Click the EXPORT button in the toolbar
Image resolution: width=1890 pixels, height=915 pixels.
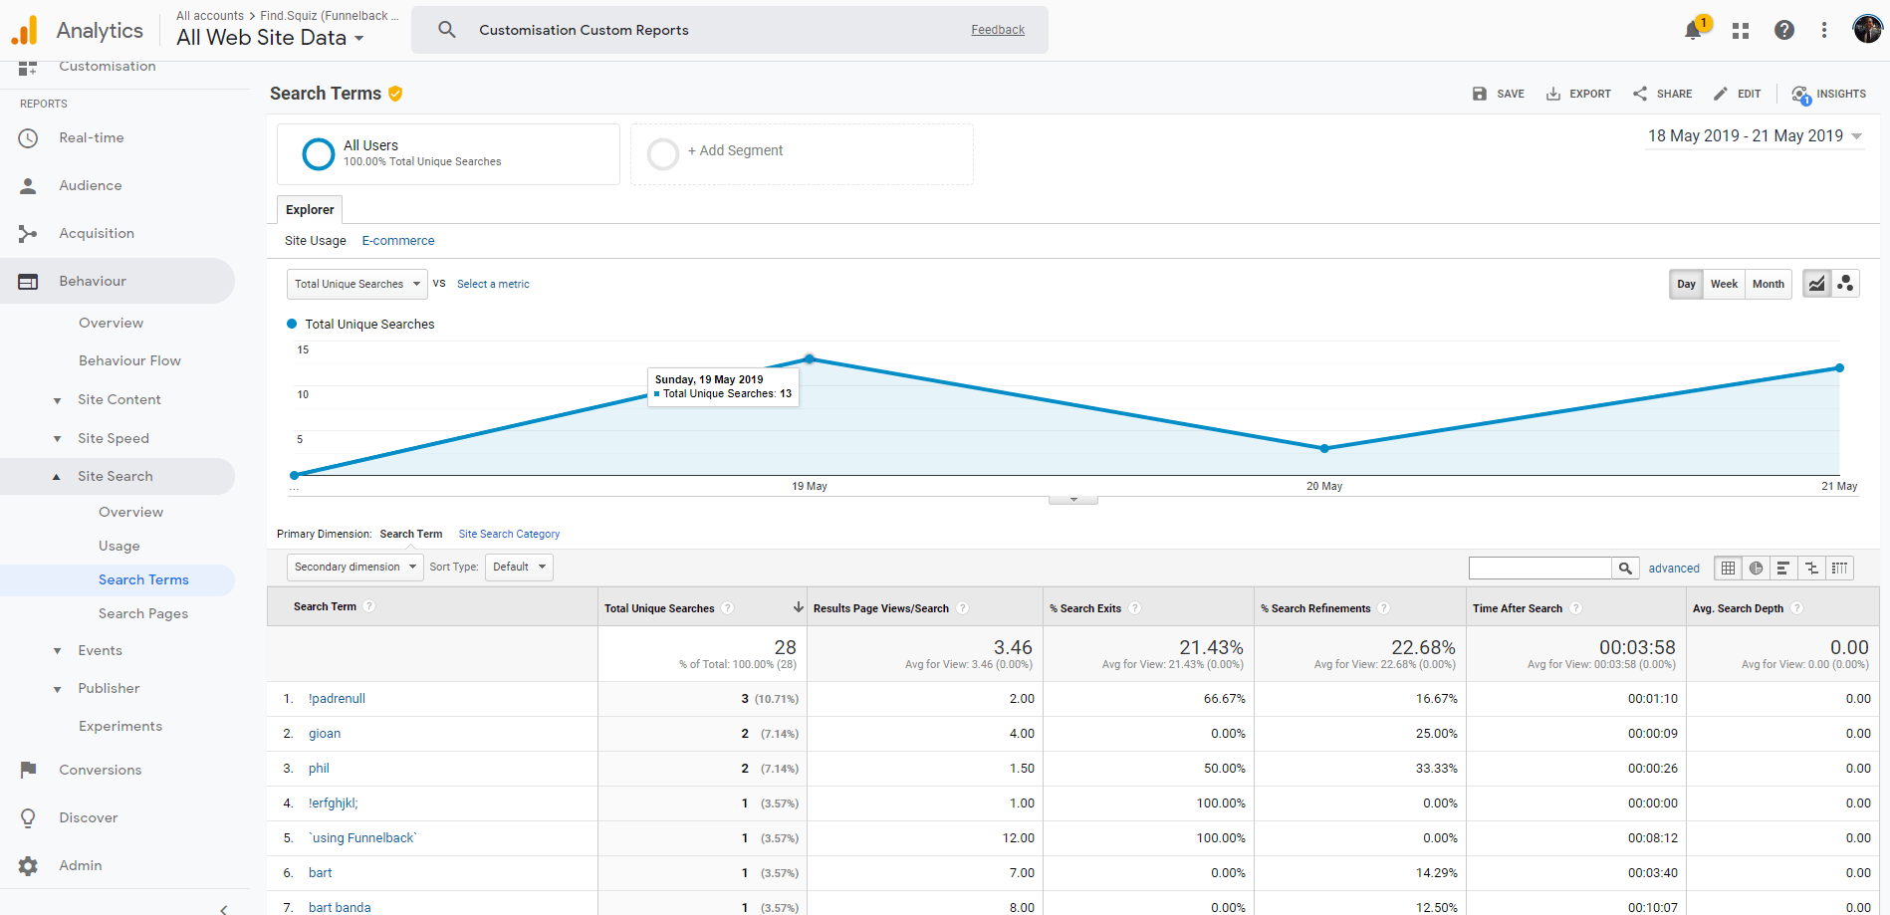(x=1578, y=94)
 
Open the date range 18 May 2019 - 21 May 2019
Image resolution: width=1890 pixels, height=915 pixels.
(x=1754, y=136)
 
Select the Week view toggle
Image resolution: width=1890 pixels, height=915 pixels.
(x=1724, y=284)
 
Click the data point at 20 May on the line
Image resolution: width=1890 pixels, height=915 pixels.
(x=1324, y=448)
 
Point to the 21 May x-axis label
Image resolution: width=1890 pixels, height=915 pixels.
(x=1838, y=486)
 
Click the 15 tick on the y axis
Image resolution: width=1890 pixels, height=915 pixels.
(x=303, y=349)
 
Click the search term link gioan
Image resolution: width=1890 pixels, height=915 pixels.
(x=325, y=734)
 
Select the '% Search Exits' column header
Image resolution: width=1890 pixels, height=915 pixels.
(x=1090, y=608)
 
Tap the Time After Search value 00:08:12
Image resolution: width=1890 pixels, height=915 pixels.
(x=1652, y=838)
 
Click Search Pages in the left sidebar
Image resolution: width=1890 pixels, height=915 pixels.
(x=143, y=613)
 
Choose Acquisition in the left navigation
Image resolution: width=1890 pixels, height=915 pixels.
(x=97, y=233)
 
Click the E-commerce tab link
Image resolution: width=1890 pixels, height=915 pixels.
(x=398, y=241)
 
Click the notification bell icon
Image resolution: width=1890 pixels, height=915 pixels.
(x=1693, y=31)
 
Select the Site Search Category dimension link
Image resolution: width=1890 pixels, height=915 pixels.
(x=509, y=534)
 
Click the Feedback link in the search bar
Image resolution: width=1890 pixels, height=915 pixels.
(x=998, y=30)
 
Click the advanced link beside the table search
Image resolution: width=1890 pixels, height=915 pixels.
(x=1674, y=569)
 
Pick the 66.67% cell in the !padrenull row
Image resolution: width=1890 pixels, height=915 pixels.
(x=1224, y=699)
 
